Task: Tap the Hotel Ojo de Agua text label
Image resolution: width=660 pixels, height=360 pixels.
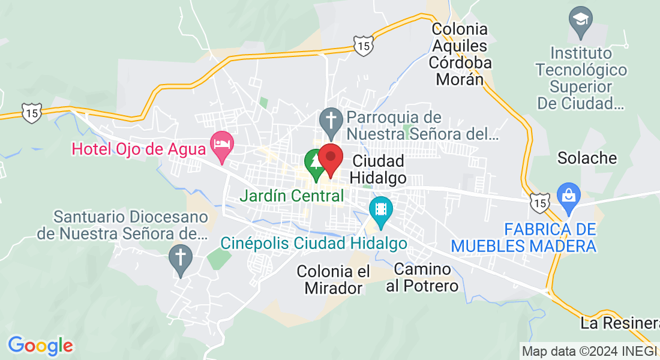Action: pyautogui.click(x=139, y=148)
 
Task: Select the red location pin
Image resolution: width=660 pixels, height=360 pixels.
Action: pyautogui.click(x=330, y=158)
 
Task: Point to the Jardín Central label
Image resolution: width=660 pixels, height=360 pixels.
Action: pyautogui.click(x=292, y=196)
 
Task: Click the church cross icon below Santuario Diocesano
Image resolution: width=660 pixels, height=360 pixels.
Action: pyautogui.click(x=179, y=258)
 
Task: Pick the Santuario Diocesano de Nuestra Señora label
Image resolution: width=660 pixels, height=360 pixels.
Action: pyautogui.click(x=122, y=224)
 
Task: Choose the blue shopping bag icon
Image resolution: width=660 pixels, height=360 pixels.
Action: pyautogui.click(x=567, y=196)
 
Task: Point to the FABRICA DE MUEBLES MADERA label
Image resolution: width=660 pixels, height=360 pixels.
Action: pyautogui.click(x=524, y=238)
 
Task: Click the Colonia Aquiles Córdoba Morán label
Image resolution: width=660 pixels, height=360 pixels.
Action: pyautogui.click(x=460, y=54)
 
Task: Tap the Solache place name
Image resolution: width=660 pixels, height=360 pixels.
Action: pyautogui.click(x=587, y=158)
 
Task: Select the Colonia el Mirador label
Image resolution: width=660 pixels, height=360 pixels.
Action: pyautogui.click(x=334, y=280)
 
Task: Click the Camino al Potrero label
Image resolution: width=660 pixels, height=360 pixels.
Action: pyautogui.click(x=422, y=277)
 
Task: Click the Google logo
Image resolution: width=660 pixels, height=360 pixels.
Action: pyautogui.click(x=40, y=345)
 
